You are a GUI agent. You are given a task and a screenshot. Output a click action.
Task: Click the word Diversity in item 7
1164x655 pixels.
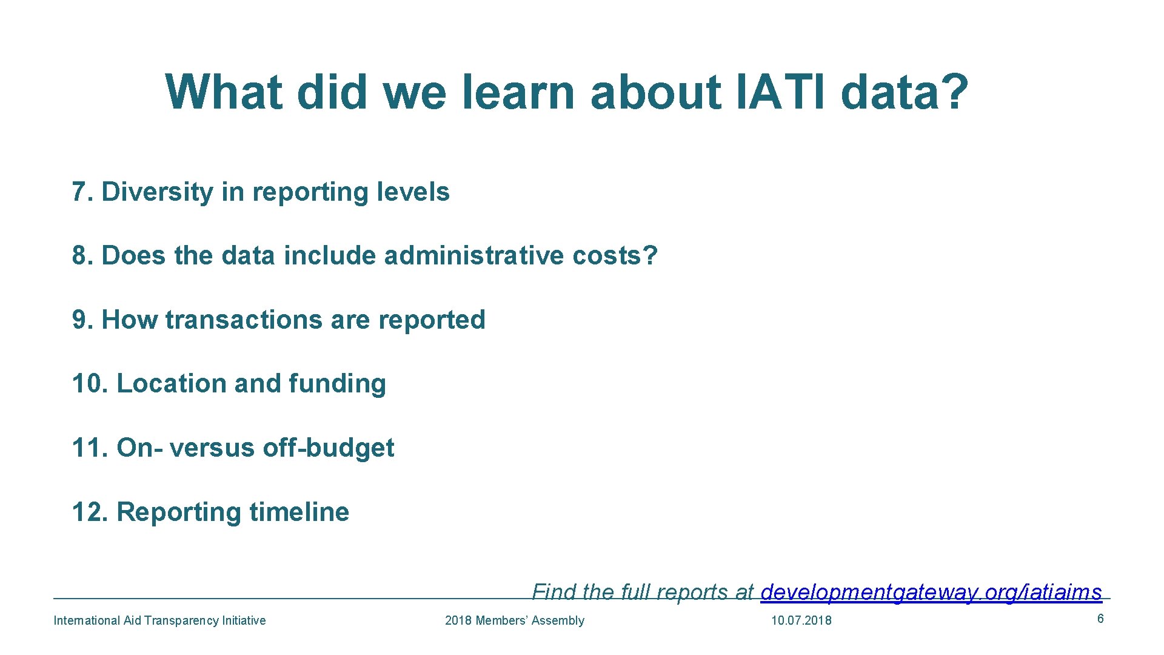(x=157, y=192)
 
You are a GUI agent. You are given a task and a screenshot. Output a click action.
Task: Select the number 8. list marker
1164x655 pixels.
(x=84, y=255)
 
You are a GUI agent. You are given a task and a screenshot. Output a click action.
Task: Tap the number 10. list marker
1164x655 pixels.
(x=90, y=384)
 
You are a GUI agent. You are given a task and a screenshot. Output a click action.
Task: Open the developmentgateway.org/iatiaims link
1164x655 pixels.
(x=931, y=592)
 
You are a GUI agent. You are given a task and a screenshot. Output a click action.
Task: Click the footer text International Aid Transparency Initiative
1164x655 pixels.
(x=159, y=620)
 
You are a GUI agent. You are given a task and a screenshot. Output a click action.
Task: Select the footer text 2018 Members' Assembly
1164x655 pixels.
(x=514, y=620)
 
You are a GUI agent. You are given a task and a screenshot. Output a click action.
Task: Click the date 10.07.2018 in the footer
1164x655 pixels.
(x=801, y=620)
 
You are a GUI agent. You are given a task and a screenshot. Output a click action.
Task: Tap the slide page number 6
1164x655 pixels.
(x=1100, y=619)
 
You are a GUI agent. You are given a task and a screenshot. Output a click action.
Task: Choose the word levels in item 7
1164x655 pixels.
(x=413, y=192)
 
